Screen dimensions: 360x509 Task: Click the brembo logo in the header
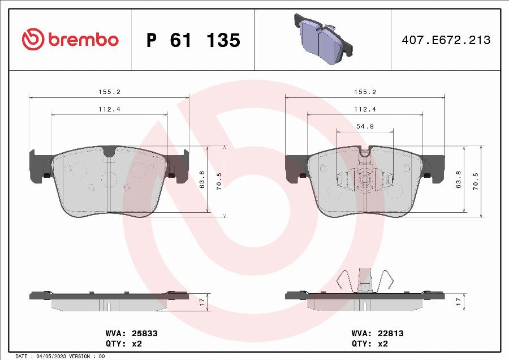70,40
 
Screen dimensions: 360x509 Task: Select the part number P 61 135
193,40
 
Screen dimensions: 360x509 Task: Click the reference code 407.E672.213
446,40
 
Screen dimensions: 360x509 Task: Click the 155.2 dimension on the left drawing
109,92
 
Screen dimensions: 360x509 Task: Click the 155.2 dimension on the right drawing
365,92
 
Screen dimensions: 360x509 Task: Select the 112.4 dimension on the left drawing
109,109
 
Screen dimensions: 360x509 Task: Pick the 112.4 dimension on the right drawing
365,109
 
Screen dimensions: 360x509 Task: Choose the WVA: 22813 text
377,333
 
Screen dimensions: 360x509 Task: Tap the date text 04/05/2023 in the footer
53,356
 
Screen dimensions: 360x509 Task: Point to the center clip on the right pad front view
365,178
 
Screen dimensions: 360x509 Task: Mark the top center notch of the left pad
109,151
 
